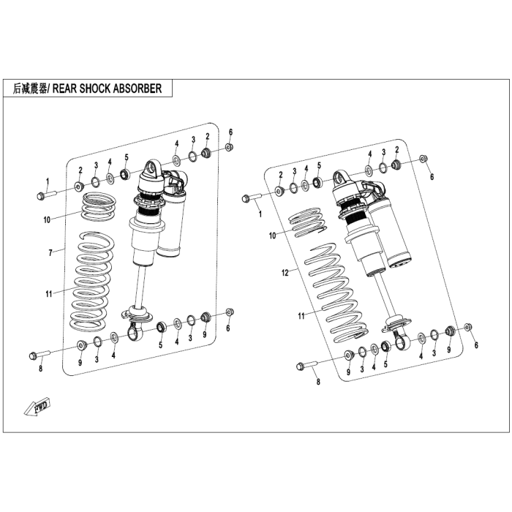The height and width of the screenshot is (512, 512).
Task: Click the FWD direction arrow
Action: click(x=37, y=406)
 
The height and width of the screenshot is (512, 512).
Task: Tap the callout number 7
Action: click(x=50, y=253)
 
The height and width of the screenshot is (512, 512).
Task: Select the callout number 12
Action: click(x=285, y=272)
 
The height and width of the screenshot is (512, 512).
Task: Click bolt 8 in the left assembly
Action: click(x=39, y=354)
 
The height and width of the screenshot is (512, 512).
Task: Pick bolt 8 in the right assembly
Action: click(x=307, y=365)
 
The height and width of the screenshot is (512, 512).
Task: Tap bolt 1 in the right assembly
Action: click(x=252, y=197)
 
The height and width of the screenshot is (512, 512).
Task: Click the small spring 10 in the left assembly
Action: click(x=97, y=207)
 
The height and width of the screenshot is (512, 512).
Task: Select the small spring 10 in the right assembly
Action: click(x=307, y=222)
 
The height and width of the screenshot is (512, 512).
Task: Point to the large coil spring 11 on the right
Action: click(x=336, y=293)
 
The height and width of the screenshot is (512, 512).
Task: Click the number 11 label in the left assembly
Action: click(x=49, y=294)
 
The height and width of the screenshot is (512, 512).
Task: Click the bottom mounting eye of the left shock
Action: click(x=134, y=332)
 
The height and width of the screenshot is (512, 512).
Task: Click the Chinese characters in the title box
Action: click(x=30, y=89)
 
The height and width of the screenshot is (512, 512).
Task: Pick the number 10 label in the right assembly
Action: click(x=272, y=236)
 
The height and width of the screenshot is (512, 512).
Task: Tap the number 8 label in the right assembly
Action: click(x=318, y=382)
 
